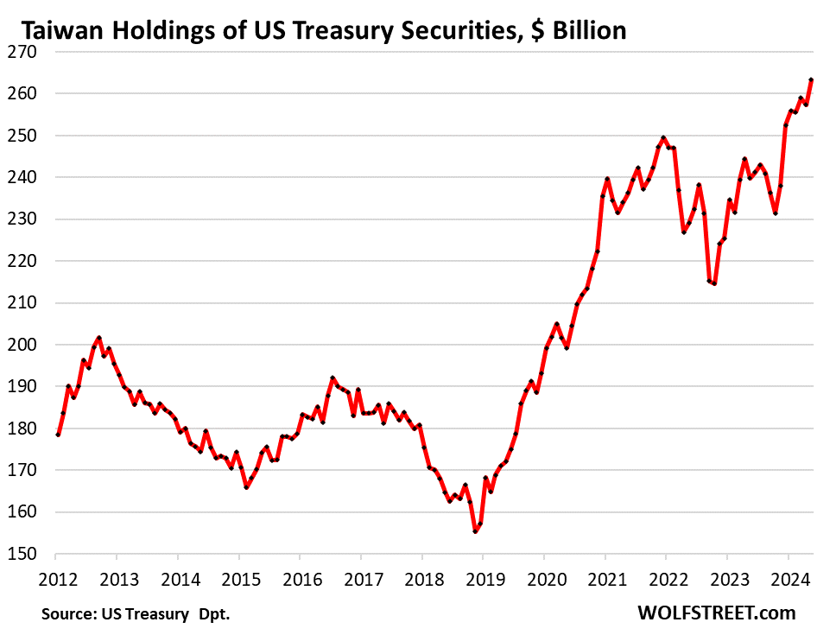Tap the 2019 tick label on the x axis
(x=483, y=576)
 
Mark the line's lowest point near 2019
(x=475, y=531)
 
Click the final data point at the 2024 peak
(x=811, y=79)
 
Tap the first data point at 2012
(x=58, y=434)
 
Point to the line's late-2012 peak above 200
(x=98, y=338)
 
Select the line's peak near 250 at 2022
(x=662, y=137)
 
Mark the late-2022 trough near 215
(x=714, y=283)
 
